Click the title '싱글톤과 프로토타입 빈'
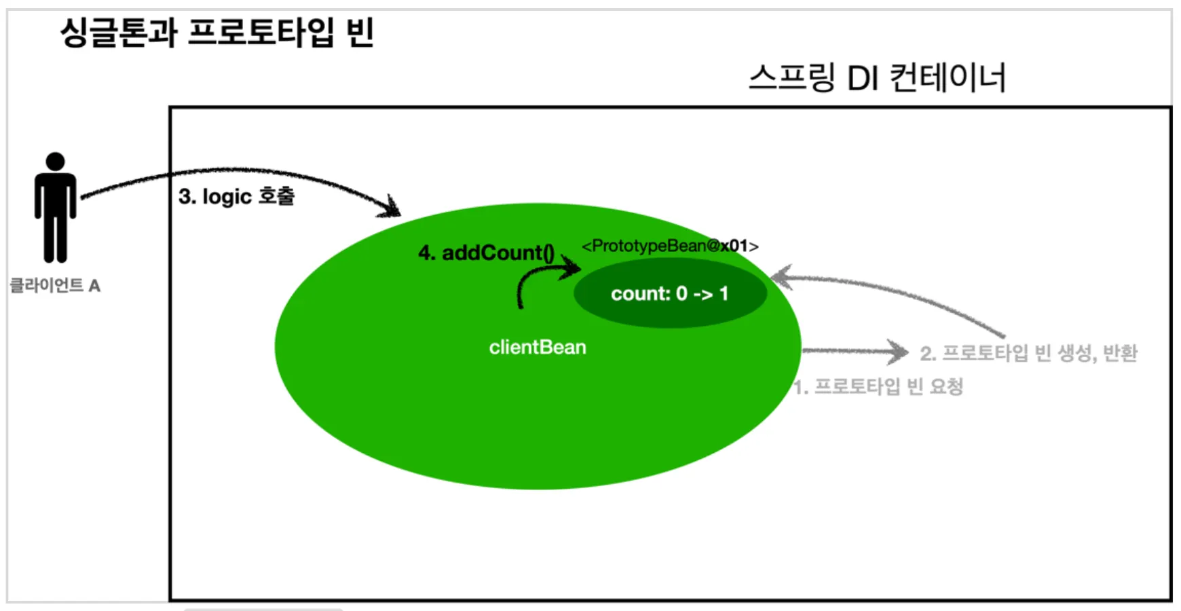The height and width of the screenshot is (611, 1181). coord(217,32)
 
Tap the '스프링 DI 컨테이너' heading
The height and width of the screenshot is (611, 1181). coord(877,77)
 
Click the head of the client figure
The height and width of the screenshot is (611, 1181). coord(55,162)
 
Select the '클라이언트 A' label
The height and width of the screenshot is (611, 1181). coord(55,286)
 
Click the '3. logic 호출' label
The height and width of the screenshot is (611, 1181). coord(236,197)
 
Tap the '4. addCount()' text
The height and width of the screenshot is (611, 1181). coord(486,253)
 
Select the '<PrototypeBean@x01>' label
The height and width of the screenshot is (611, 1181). coord(670,246)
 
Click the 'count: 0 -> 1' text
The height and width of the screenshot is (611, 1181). coord(670,294)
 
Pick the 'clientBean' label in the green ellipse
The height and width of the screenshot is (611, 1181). coord(538,348)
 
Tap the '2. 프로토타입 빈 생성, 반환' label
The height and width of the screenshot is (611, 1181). coord(1028,354)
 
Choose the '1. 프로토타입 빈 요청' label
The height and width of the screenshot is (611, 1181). coord(879,387)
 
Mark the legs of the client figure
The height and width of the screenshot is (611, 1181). coord(56,238)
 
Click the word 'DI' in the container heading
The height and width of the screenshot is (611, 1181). coord(863,79)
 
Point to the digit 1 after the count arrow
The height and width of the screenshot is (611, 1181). coord(724,294)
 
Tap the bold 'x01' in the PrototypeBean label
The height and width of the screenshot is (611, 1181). coord(734,246)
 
